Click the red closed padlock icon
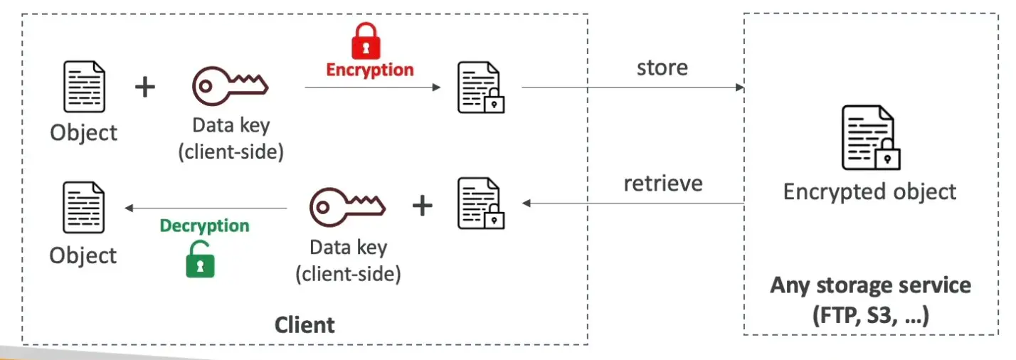366,41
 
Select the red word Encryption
370,70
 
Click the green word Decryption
205,226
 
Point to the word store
662,68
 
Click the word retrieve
663,184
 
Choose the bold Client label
305,325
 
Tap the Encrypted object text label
869,191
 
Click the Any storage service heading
870,286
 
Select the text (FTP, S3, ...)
870,315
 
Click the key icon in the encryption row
230,86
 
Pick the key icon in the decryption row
347,206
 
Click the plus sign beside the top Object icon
145,88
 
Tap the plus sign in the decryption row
423,206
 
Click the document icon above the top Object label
85,88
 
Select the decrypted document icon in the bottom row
84,208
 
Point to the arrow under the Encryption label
372,88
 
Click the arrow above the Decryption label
206,208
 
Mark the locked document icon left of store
480,88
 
